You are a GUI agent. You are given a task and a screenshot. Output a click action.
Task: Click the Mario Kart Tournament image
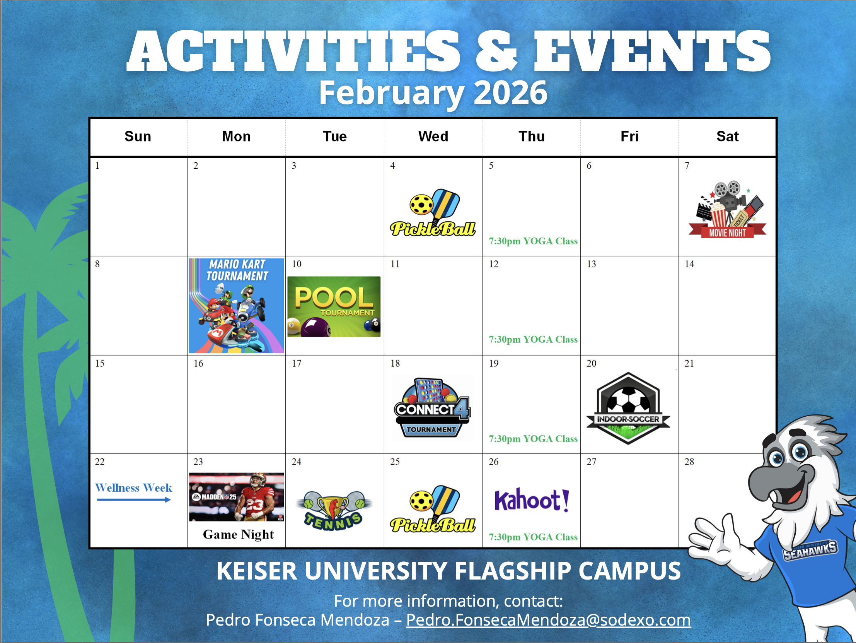pos(236,306)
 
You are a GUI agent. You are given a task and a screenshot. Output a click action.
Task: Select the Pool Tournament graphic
pos(334,306)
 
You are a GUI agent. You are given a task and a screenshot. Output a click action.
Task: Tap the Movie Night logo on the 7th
pos(727,210)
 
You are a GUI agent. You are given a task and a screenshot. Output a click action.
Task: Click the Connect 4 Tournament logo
pos(432,408)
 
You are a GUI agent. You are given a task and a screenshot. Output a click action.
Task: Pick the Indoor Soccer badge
pos(628,408)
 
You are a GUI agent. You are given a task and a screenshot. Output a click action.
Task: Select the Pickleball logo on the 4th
pos(433,213)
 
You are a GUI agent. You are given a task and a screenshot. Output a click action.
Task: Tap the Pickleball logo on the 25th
pos(433,509)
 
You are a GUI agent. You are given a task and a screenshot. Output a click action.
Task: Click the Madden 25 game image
pos(237,497)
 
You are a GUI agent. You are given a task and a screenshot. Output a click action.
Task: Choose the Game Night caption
pos(239,535)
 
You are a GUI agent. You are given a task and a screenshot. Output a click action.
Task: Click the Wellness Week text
pos(133,488)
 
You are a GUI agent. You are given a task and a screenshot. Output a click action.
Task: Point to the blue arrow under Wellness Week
pos(133,500)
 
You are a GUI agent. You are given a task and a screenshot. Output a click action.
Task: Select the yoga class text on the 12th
pos(533,340)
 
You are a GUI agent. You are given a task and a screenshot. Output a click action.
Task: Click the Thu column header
pos(532,136)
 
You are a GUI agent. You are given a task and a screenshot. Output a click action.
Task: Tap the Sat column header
pos(728,136)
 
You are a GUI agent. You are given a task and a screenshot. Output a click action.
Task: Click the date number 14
pos(689,264)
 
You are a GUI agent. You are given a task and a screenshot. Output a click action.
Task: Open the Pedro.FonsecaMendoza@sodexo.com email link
pos(548,620)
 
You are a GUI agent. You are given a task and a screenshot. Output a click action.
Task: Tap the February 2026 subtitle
pos(433,93)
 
